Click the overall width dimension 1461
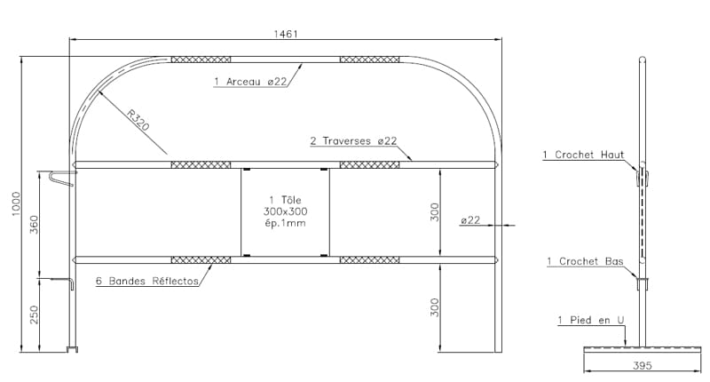click(x=286, y=34)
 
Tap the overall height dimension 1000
click(x=16, y=204)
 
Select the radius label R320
click(x=138, y=120)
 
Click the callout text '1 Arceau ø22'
click(x=250, y=82)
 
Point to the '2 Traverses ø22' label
click(x=353, y=141)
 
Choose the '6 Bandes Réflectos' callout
click(x=147, y=281)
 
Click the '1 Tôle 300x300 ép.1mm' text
click(x=285, y=211)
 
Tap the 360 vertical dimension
click(x=34, y=224)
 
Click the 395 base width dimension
click(x=642, y=365)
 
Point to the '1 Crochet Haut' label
click(x=583, y=155)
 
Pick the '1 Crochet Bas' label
click(x=585, y=261)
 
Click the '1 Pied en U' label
click(x=591, y=320)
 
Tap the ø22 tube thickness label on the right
click(x=470, y=219)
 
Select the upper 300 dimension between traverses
click(x=435, y=212)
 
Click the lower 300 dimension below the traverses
click(x=435, y=307)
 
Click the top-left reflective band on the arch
click(x=201, y=60)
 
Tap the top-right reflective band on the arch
click(x=369, y=60)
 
